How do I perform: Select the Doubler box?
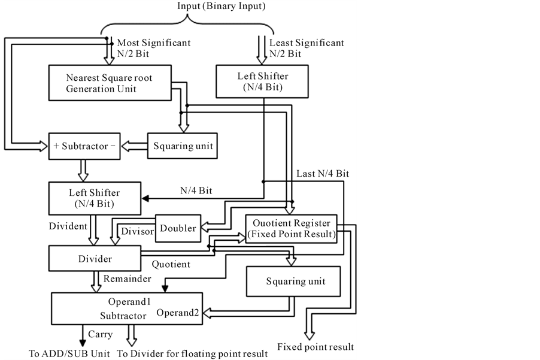(x=178, y=228)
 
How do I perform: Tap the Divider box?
(x=95, y=259)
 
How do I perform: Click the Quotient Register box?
(x=291, y=228)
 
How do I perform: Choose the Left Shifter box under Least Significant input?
(x=263, y=81)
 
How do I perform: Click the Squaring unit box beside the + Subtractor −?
(x=183, y=146)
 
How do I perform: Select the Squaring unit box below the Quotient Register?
(x=294, y=281)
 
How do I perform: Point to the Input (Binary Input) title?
(x=221, y=6)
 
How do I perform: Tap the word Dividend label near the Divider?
(x=68, y=226)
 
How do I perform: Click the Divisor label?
(x=138, y=231)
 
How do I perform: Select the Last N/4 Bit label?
(x=323, y=173)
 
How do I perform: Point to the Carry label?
(x=100, y=335)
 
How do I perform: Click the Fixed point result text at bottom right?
(x=315, y=347)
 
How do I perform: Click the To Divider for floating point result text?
(x=193, y=354)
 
